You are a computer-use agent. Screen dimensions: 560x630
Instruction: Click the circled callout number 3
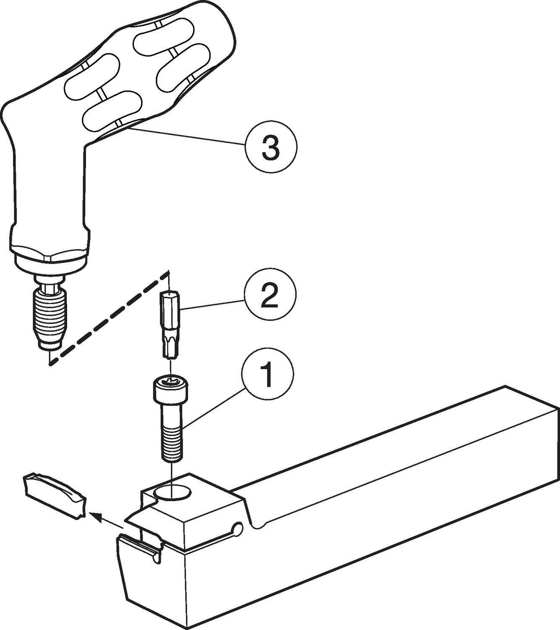[271, 147]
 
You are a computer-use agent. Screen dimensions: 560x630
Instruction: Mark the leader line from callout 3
[188, 136]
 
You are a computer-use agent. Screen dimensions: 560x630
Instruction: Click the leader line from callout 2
[212, 304]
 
